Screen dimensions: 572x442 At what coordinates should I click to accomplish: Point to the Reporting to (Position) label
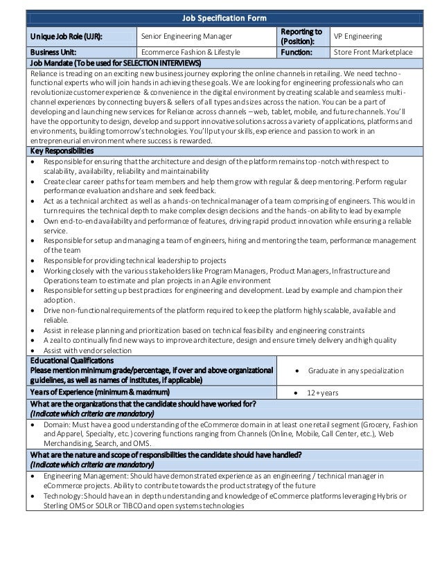click(301, 35)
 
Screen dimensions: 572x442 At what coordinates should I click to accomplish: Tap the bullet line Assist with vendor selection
click(82, 350)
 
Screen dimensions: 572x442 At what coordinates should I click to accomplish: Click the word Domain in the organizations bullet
click(58, 424)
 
